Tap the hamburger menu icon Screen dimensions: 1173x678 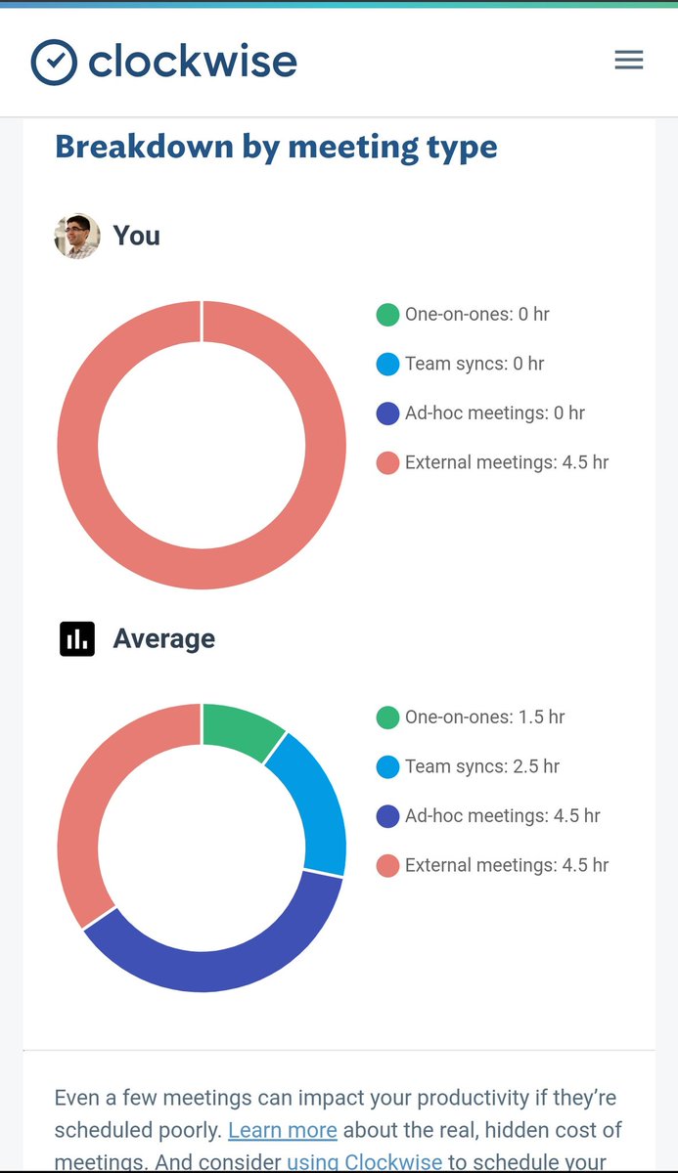pos(628,61)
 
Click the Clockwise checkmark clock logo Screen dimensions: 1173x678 pos(54,63)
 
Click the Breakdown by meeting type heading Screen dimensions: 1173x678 pos(276,148)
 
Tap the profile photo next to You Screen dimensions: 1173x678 pos(77,236)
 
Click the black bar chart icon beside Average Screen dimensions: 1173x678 pos(77,638)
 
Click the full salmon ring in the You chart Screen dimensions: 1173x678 pos(78,445)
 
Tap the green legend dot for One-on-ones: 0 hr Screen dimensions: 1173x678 pos(387,315)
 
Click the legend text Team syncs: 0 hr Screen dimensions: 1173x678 pos(475,364)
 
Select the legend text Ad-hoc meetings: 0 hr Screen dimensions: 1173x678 pos(494,413)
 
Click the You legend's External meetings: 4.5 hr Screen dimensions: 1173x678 pos(506,462)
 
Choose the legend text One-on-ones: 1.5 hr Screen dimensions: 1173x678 pos(484,717)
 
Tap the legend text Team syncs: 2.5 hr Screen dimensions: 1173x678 pos(481,766)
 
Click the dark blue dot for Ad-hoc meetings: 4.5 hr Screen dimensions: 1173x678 pos(387,816)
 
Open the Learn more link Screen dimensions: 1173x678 pos(283,1131)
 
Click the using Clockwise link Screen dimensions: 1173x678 pos(364,1162)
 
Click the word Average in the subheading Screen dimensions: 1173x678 pos(163,639)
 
